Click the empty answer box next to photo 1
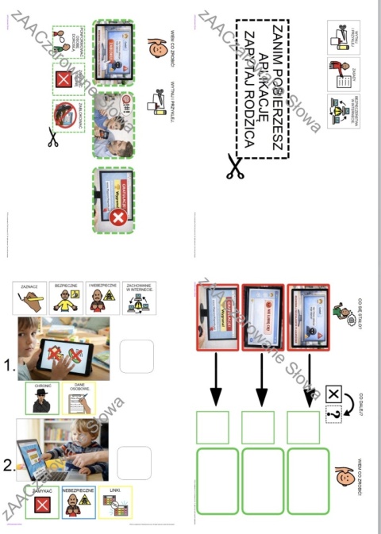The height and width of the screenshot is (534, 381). point(136,355)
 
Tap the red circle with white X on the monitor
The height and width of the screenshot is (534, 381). point(119,217)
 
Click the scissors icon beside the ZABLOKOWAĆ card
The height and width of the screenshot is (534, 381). point(54,140)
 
